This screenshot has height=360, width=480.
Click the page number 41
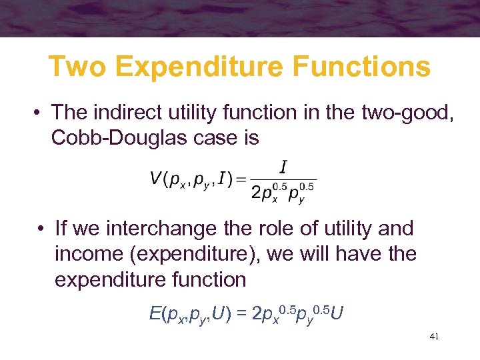(x=435, y=337)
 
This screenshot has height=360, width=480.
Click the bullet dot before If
(x=41, y=229)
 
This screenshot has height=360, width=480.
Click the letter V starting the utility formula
(x=156, y=180)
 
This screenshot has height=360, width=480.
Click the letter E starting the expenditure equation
(x=154, y=311)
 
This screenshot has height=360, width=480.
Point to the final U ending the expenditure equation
(x=337, y=311)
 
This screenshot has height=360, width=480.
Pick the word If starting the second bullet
(x=61, y=229)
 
